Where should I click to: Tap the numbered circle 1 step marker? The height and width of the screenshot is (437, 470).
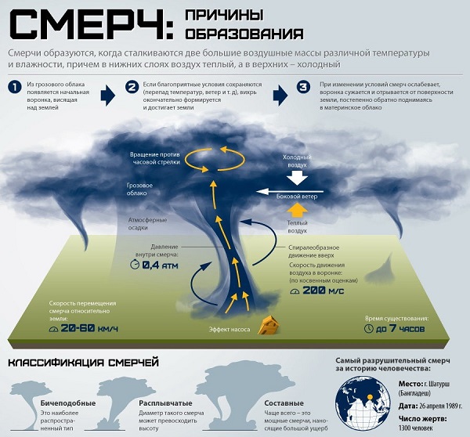[x=15, y=87]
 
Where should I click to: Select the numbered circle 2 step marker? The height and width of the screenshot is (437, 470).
[x=132, y=87]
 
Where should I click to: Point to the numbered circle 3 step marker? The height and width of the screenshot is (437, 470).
[x=304, y=87]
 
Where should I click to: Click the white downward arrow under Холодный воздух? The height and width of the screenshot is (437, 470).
[x=297, y=177]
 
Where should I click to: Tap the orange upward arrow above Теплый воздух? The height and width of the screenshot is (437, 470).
[x=297, y=211]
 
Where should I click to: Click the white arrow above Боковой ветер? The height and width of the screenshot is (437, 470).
[x=290, y=192]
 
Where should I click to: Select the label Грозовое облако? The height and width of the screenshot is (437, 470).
[x=139, y=190]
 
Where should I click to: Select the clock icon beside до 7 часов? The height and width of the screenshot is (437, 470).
[x=368, y=328]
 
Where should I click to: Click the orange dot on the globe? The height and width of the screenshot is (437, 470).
[x=371, y=397]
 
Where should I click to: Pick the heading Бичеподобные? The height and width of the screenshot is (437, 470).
[x=68, y=403]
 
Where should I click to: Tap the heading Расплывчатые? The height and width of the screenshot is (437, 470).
[x=165, y=403]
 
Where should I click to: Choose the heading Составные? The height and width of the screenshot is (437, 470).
[x=284, y=403]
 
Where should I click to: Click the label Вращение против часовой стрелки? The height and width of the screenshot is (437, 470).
[x=155, y=158]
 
